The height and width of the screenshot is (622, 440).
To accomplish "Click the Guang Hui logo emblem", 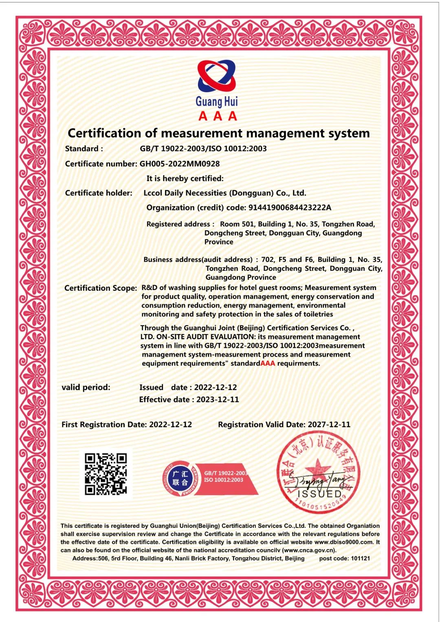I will click(217, 76).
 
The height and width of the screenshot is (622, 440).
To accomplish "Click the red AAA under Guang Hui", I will click(218, 116).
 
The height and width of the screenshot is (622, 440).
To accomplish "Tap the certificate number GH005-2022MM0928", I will click(180, 164).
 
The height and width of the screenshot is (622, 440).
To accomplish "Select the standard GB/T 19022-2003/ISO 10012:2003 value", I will click(203, 149).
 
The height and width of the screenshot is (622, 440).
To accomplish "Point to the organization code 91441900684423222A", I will click(290, 208).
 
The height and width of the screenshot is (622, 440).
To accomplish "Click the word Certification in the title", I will click(104, 133).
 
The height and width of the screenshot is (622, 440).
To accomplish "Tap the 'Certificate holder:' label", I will click(99, 193).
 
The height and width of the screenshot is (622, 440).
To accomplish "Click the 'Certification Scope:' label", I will click(101, 288).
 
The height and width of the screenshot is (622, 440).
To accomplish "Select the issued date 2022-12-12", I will click(215, 387).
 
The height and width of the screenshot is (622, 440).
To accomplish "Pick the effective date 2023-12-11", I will click(218, 400).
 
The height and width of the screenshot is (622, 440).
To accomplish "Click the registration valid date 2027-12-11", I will click(329, 424).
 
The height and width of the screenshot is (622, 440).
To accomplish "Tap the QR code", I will click(106, 474).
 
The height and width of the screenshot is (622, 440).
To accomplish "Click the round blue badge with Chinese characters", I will click(180, 478).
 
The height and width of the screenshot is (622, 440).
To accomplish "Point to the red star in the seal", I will click(317, 469).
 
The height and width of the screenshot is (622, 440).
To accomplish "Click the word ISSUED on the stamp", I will click(320, 494).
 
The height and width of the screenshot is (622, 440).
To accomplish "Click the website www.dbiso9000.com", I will click(344, 542).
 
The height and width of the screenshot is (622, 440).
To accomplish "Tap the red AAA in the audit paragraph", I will click(268, 363).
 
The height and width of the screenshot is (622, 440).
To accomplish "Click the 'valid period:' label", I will click(86, 387).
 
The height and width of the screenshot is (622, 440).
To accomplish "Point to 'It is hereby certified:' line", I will click(185, 178).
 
